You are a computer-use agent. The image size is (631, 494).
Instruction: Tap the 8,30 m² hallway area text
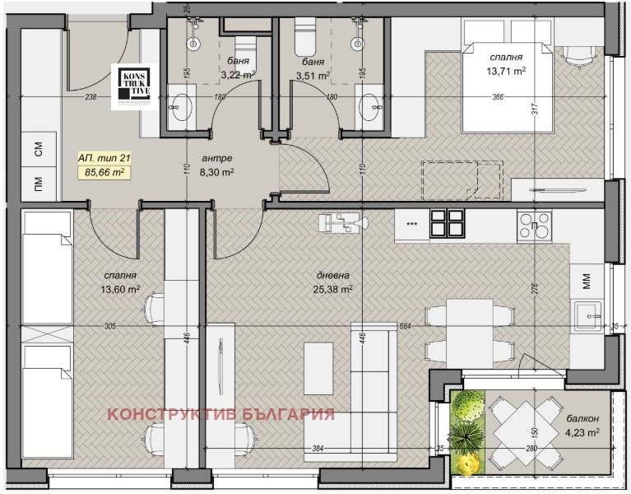point(217,173)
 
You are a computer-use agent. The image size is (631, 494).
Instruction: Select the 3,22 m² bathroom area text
point(238,75)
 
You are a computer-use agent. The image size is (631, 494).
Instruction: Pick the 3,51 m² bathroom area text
point(313,75)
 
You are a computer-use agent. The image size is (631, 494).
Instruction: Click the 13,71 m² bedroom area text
point(506,72)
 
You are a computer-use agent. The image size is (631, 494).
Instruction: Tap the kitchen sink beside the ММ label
point(587,315)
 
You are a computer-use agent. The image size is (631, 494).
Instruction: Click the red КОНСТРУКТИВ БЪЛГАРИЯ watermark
point(220,414)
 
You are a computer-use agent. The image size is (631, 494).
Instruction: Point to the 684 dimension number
point(404,327)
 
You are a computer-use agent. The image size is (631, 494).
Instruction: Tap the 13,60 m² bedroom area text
point(120,289)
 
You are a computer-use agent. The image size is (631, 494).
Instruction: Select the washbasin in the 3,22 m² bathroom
point(183,107)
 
